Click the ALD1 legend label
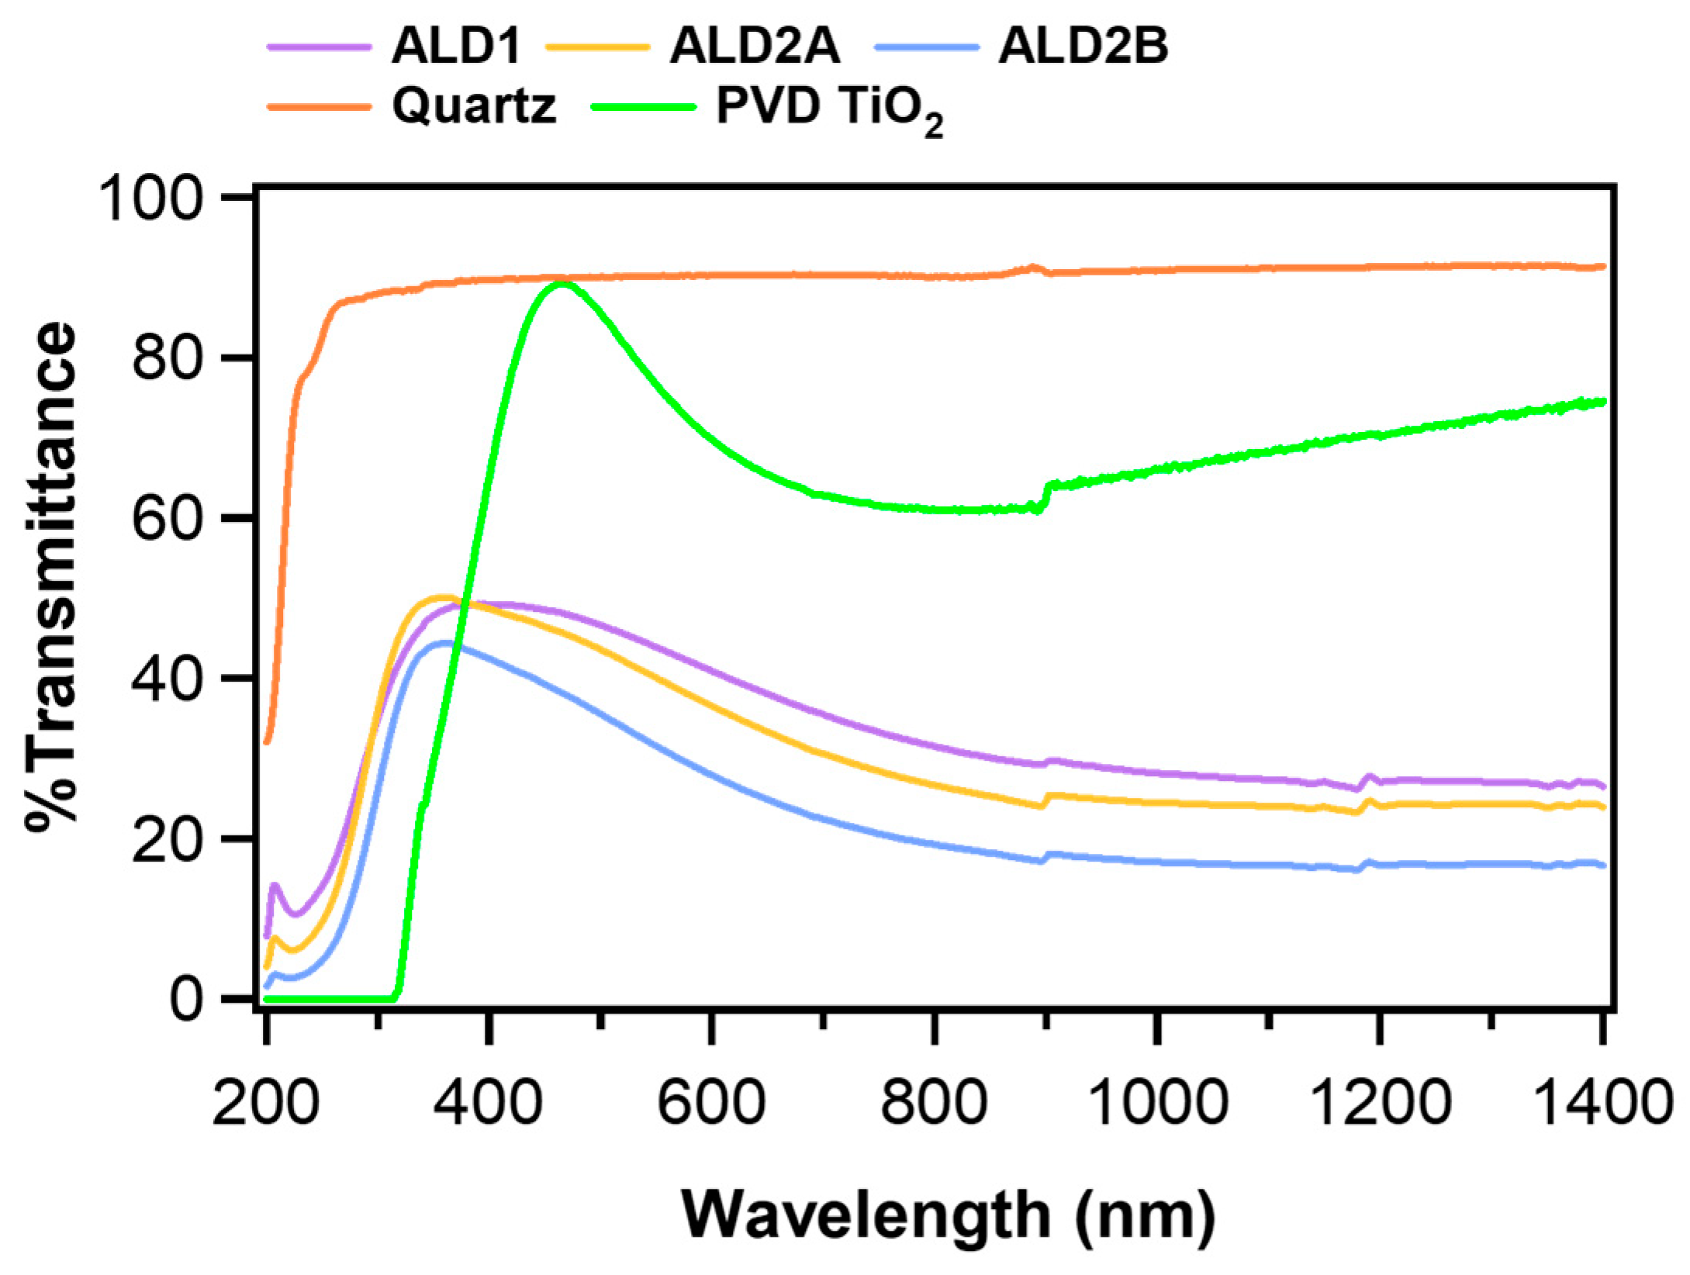tap(455, 46)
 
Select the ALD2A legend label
tap(755, 46)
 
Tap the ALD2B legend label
tap(1083, 46)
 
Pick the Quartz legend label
tap(474, 105)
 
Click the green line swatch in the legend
tap(643, 107)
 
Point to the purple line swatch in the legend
tap(319, 47)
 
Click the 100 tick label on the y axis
tap(151, 199)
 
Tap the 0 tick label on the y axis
tap(186, 999)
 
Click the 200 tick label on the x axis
tap(265, 1102)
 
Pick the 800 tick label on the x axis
tap(934, 1102)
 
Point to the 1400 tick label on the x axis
tap(1602, 1102)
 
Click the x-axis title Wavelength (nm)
tap(948, 1215)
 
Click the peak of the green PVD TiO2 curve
tap(560, 284)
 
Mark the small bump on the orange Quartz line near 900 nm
tap(1032, 268)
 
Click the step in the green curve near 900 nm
tap(1045, 496)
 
